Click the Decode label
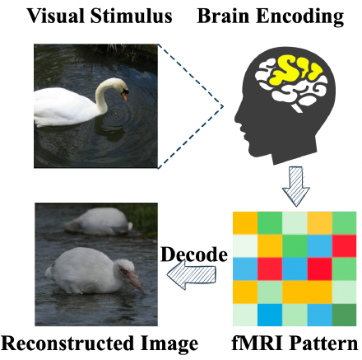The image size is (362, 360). tap(194, 255)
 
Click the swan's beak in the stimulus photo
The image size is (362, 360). tap(126, 96)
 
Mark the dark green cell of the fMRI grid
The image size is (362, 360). tap(345, 316)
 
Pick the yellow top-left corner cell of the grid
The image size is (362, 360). tap(245, 222)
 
